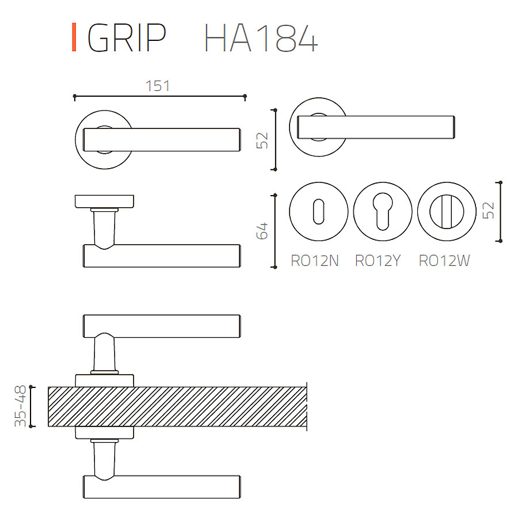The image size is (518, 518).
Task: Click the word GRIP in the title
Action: point(127,37)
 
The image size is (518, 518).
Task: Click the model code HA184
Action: point(261,38)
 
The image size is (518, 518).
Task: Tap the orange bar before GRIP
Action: point(74,37)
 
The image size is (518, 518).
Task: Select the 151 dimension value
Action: point(158,86)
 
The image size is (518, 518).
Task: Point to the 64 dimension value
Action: point(262,231)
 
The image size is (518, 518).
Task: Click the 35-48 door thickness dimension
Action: point(20,406)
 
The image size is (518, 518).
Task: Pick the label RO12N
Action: point(314,261)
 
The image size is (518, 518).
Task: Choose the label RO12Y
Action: point(378,261)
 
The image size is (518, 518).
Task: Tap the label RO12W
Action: point(444,261)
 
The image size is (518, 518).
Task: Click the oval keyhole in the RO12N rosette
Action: point(318,211)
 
